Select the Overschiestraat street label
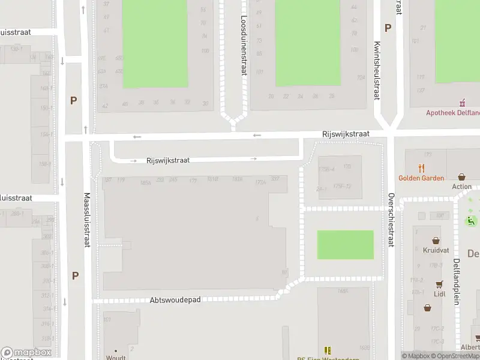point(391,220)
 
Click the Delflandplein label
point(457,282)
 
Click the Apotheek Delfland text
point(452,112)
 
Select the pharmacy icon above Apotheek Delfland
point(462,102)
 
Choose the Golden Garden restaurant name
point(421,178)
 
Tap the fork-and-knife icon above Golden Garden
point(422,168)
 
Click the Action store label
point(462,187)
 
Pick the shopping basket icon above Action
point(461,177)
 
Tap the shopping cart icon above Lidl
point(440,284)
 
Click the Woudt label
point(116,358)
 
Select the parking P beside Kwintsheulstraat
point(388,28)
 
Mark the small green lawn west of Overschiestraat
point(345,245)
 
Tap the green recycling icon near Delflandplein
point(472,221)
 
